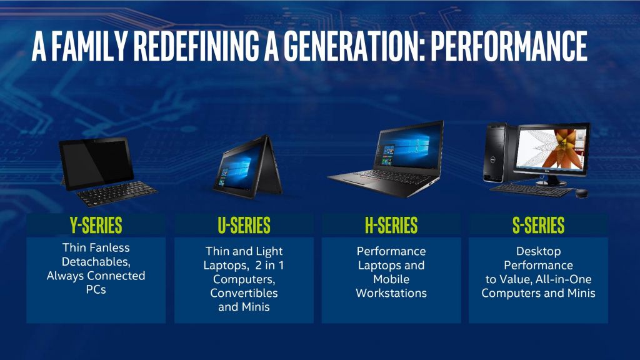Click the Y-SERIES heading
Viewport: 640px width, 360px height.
(x=96, y=225)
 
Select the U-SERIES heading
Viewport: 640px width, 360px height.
(x=244, y=225)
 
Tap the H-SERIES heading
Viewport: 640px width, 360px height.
(x=391, y=225)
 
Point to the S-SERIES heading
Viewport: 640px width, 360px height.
(x=538, y=225)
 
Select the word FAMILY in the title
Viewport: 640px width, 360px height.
(x=89, y=46)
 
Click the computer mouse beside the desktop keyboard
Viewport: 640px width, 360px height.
(x=582, y=193)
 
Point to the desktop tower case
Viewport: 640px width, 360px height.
(x=496, y=152)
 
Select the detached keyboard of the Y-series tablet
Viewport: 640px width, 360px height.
(x=117, y=193)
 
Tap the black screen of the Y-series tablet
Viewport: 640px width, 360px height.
(x=97, y=162)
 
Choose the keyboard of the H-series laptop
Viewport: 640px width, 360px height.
(x=392, y=176)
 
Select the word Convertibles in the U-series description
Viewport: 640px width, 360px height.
(x=244, y=293)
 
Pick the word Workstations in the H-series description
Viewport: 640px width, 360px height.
(x=391, y=293)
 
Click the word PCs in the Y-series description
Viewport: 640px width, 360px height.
(x=96, y=289)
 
